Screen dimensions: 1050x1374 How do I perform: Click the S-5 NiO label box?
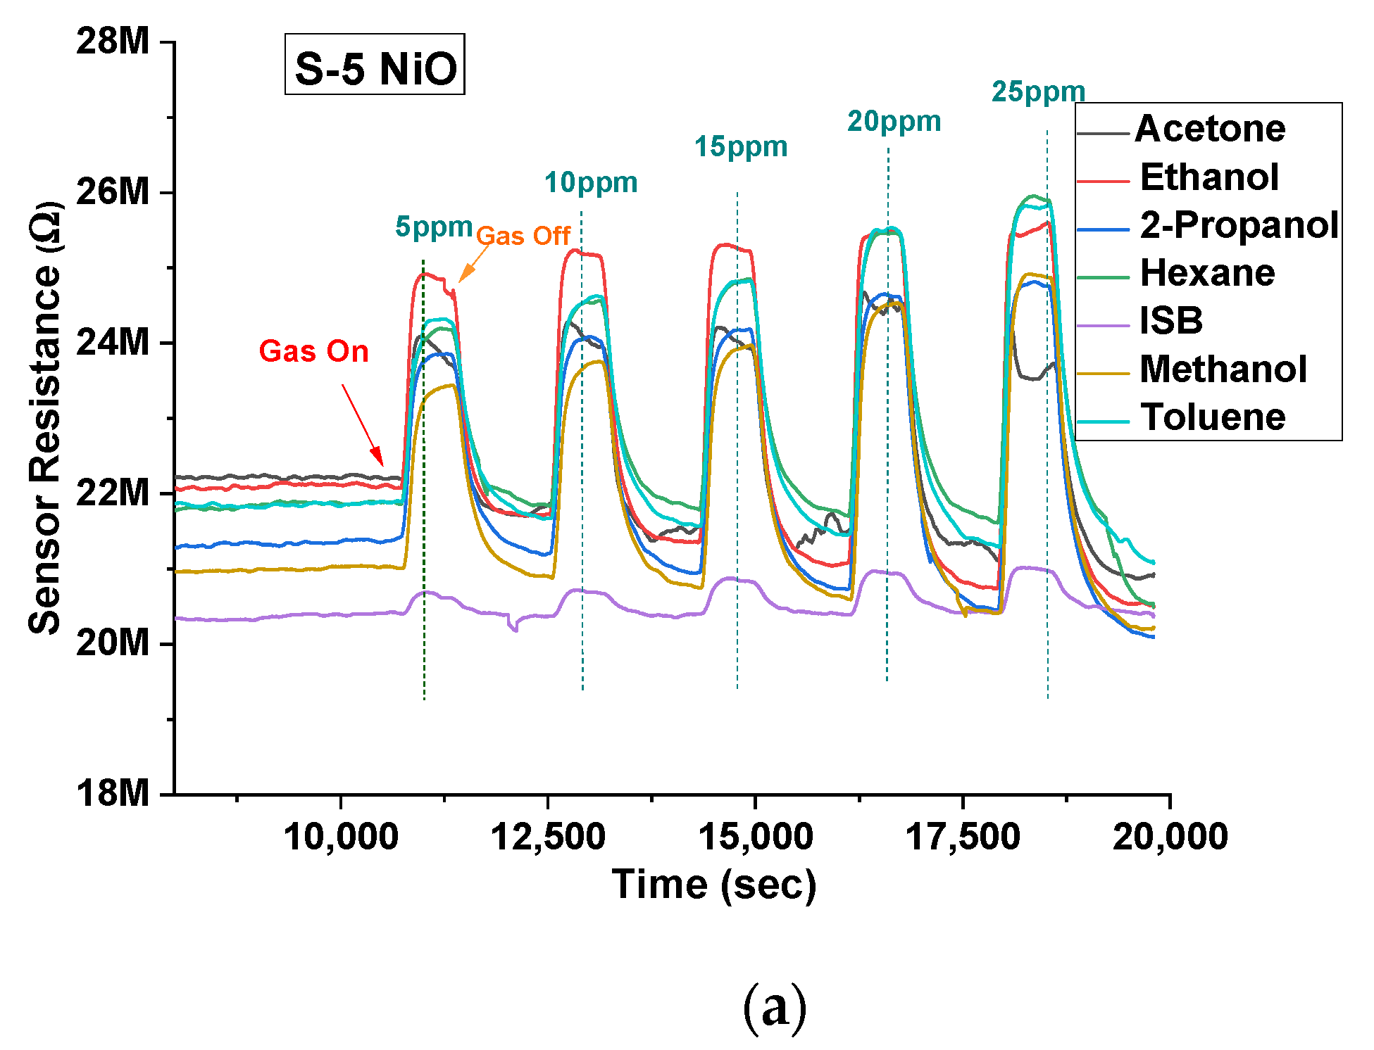(x=375, y=65)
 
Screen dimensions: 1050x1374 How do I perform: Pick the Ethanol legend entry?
(x=1209, y=177)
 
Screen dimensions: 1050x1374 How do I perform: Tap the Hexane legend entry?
(x=1207, y=273)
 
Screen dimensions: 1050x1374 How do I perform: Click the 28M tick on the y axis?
(x=113, y=42)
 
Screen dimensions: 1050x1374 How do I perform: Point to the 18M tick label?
(x=113, y=794)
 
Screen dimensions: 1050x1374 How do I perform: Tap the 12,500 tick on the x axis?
(x=548, y=837)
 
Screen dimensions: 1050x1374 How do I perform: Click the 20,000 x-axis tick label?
(x=1170, y=837)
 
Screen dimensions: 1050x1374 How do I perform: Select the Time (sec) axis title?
(x=713, y=885)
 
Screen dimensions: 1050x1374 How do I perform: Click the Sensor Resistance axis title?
(x=45, y=418)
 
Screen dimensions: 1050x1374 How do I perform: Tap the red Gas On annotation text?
(x=313, y=351)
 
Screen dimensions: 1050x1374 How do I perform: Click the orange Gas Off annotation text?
(x=523, y=236)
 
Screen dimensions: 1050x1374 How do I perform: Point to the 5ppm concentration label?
(x=433, y=227)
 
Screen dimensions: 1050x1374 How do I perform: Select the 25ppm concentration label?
(x=1038, y=91)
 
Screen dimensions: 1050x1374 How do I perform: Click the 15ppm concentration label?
(x=741, y=146)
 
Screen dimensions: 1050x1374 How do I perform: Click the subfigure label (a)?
(x=774, y=1008)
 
